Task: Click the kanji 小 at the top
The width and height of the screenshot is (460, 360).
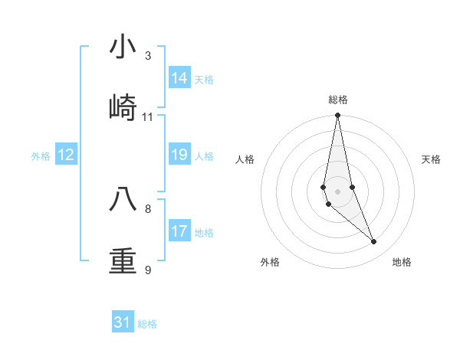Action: point(123,47)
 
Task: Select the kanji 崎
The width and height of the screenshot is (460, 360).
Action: point(123,106)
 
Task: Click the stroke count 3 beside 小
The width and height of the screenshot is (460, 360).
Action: point(148,56)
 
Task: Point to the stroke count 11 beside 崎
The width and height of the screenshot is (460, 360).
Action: point(148,117)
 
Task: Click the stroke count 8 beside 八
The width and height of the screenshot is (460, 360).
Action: point(148,208)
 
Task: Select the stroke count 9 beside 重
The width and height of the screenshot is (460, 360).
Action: point(148,270)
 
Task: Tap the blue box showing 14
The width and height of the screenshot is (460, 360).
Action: point(179,78)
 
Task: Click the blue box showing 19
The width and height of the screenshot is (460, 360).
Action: point(179,155)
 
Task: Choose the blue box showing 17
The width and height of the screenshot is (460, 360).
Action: point(179,231)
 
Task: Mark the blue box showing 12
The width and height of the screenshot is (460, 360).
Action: point(66,155)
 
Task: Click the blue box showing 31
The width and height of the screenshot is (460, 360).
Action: point(123,322)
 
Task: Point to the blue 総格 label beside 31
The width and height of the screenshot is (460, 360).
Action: point(147,324)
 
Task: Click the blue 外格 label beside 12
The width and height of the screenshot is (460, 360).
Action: point(41,156)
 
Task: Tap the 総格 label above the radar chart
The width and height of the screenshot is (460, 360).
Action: point(337,100)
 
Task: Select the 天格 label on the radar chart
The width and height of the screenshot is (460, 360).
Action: point(431,159)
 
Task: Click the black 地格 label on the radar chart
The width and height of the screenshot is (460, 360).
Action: point(402,262)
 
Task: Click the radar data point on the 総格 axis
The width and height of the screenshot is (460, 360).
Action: point(337,116)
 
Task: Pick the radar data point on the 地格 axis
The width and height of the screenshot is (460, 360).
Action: point(374,242)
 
